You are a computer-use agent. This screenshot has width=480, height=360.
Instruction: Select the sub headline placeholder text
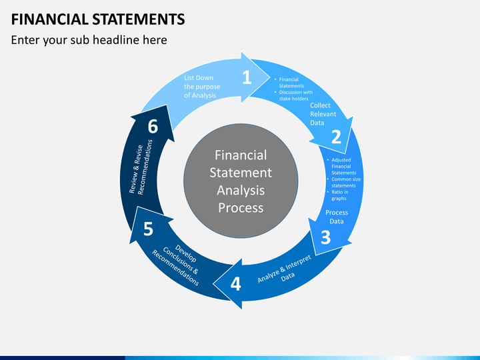coord(89,40)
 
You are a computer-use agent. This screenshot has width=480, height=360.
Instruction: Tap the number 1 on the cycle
coord(247,77)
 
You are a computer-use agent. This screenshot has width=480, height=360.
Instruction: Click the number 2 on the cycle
coord(336,137)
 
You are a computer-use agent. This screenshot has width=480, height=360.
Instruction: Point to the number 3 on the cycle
coord(325,237)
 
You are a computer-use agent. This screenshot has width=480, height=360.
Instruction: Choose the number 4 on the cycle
coord(235,284)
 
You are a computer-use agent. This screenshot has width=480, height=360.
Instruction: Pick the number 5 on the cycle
coord(148,229)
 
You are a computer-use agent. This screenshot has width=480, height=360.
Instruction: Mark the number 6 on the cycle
coord(153,127)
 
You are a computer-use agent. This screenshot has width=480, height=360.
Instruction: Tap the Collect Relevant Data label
coord(323,114)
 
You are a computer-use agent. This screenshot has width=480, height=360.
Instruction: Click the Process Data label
coord(337,217)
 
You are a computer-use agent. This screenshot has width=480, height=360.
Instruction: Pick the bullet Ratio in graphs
coord(341,195)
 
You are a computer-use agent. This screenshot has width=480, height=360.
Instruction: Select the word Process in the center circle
coord(241,207)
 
